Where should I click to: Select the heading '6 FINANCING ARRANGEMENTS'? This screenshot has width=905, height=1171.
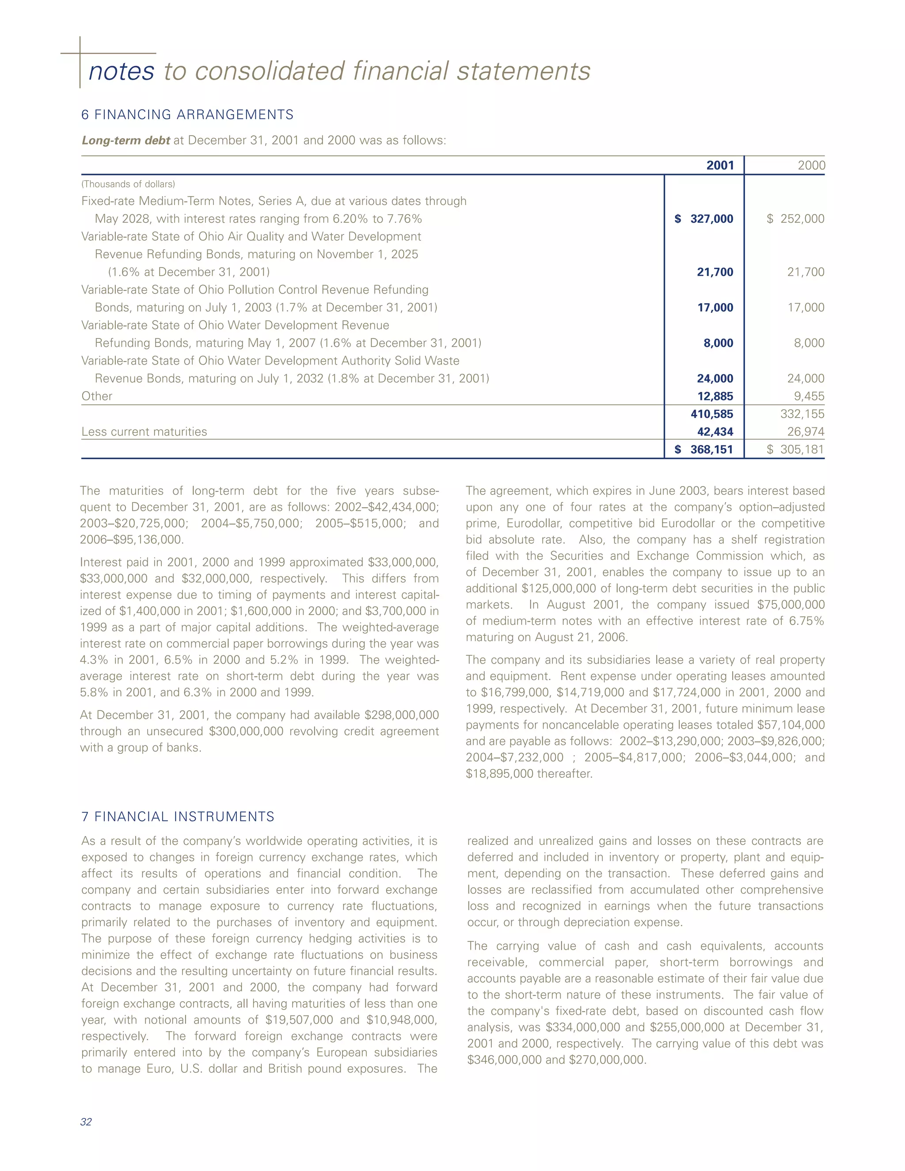187,115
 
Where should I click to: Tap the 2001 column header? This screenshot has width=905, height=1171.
719,165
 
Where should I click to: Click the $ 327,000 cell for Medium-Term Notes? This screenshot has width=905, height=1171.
704,219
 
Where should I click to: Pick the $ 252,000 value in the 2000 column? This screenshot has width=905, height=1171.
795,219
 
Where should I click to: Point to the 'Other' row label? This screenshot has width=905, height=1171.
97,396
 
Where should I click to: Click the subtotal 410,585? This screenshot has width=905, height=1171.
711,414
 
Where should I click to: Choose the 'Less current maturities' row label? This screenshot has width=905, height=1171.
144,432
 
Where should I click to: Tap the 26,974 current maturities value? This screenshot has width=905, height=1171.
806,432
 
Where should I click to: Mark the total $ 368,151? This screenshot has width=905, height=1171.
704,449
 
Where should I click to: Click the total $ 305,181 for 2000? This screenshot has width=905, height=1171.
795,449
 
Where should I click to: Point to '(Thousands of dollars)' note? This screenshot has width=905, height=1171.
128,184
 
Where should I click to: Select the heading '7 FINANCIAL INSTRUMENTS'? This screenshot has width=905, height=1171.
178,817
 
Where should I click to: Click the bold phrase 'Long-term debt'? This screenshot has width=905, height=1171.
126,141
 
